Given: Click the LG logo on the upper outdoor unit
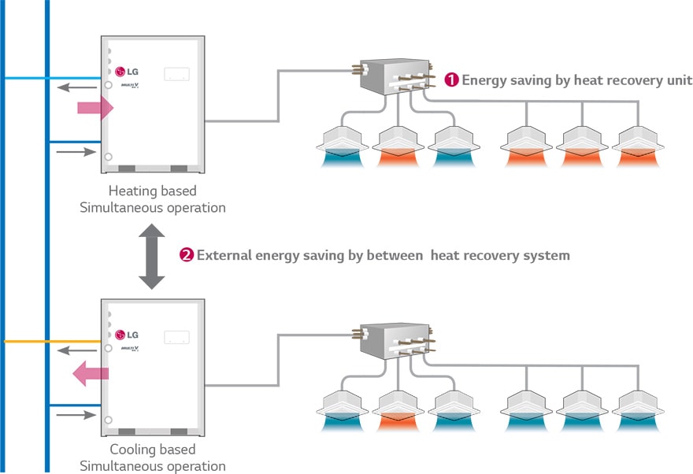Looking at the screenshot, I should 127,72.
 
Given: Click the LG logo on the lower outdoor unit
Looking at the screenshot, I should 127,335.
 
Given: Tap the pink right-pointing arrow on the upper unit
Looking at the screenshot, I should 95,108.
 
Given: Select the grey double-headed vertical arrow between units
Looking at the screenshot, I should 151,256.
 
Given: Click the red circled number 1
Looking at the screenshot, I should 451,80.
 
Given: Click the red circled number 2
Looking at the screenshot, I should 187,255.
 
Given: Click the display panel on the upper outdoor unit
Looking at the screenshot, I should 176,74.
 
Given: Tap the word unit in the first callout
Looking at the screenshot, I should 678,80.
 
